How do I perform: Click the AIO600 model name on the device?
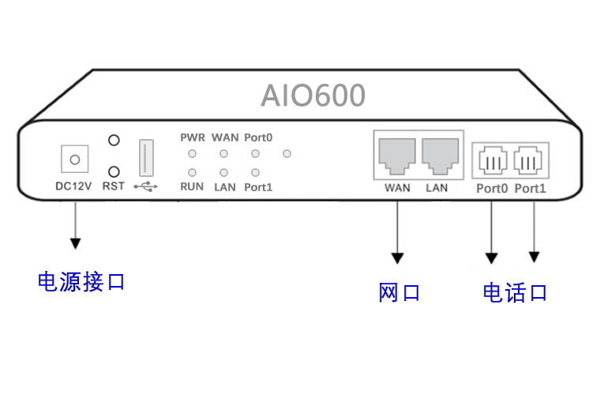pyautogui.click(x=313, y=96)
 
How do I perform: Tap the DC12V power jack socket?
pyautogui.click(x=75, y=160)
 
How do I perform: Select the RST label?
pyautogui.click(x=114, y=187)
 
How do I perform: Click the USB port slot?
pyautogui.click(x=146, y=158)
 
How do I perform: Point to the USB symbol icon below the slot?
pyautogui.click(x=146, y=187)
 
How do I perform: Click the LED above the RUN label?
pyautogui.click(x=192, y=171)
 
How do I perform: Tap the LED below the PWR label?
pyautogui.click(x=192, y=153)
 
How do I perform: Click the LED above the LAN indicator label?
pyautogui.click(x=224, y=171)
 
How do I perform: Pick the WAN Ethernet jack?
pyautogui.click(x=397, y=156)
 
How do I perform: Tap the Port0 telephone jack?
pyautogui.click(x=492, y=162)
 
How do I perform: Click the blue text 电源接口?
pyautogui.click(x=81, y=281)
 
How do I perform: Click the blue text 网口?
pyautogui.click(x=399, y=293)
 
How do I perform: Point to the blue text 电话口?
pyautogui.click(x=515, y=293)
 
